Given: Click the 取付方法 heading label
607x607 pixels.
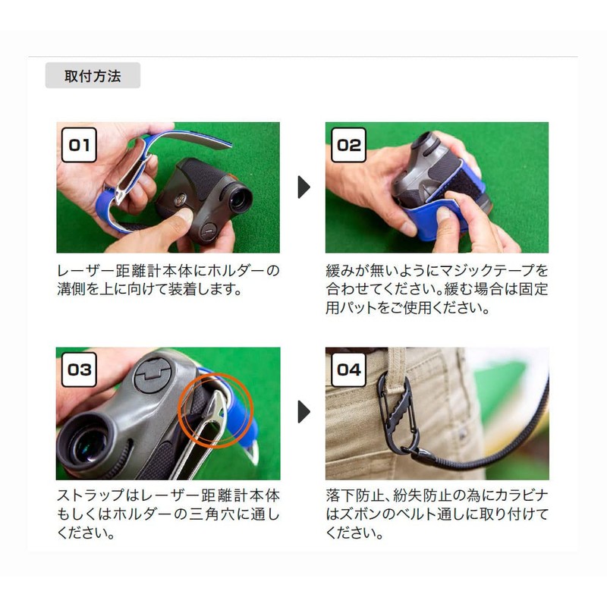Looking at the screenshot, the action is (93, 75).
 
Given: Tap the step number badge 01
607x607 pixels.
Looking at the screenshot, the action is (79, 145).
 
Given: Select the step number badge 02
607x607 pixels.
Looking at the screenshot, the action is (348, 145).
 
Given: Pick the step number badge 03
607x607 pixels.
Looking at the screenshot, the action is (79, 370).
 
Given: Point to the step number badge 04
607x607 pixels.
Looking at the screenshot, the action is (348, 370).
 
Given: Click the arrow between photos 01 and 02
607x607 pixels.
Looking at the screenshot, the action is (304, 187).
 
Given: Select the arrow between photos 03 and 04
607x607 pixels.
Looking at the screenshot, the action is (304, 412).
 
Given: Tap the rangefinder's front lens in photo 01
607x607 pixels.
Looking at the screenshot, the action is (240, 200).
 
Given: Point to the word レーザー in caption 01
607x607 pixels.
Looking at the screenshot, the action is (86, 270).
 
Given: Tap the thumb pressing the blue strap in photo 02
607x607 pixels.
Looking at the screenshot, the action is (449, 218).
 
